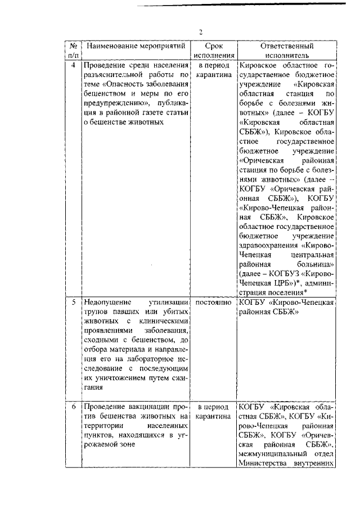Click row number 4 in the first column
tap(73, 65)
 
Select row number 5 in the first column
tap(73, 303)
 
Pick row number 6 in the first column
tap(73, 406)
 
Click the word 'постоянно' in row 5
tap(214, 303)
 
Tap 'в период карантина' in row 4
tap(214, 70)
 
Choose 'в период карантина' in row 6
tap(214, 411)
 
